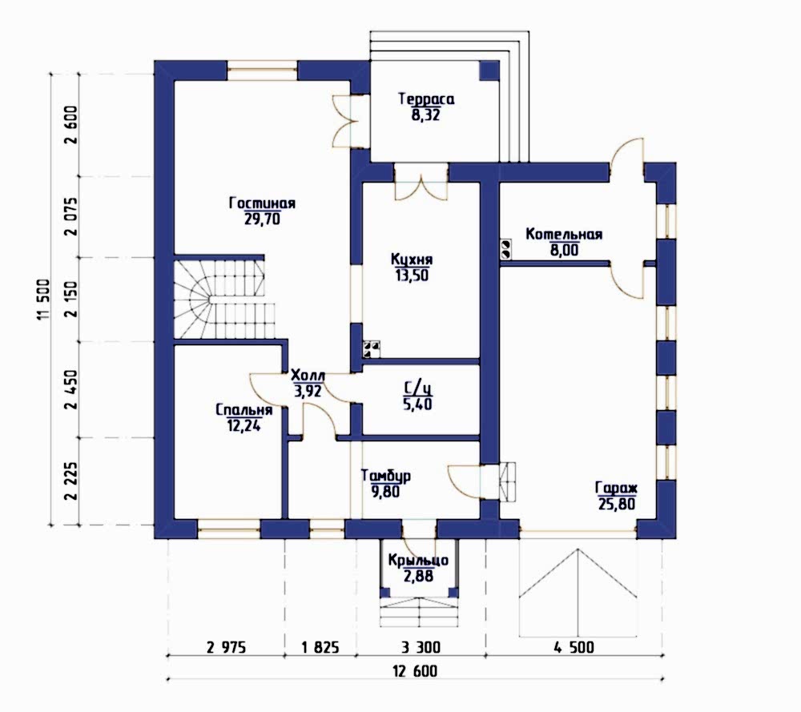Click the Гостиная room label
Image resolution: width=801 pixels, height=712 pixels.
262,203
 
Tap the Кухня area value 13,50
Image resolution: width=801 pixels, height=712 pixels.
411,276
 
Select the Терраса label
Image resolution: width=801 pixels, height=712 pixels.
426,99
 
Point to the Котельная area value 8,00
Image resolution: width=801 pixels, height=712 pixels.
564,250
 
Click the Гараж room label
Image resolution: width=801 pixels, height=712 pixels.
617,488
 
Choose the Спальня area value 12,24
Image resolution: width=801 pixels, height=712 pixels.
244,425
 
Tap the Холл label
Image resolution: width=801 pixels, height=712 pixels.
308,376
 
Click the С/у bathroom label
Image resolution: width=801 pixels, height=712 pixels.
418,389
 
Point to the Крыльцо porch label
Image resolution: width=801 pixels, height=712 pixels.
418,561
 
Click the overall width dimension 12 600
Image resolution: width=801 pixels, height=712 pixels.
416,670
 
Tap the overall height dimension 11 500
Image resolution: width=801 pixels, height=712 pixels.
43,300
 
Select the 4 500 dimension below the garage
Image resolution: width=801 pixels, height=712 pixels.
574,648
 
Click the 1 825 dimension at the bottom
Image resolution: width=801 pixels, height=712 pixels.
320,648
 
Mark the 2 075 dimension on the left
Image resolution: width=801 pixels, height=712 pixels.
71,216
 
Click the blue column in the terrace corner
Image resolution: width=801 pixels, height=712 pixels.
489,70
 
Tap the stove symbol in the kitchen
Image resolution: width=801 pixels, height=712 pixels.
372,349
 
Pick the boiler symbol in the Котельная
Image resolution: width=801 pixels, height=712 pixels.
506,249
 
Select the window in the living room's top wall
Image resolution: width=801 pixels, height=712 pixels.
262,70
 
